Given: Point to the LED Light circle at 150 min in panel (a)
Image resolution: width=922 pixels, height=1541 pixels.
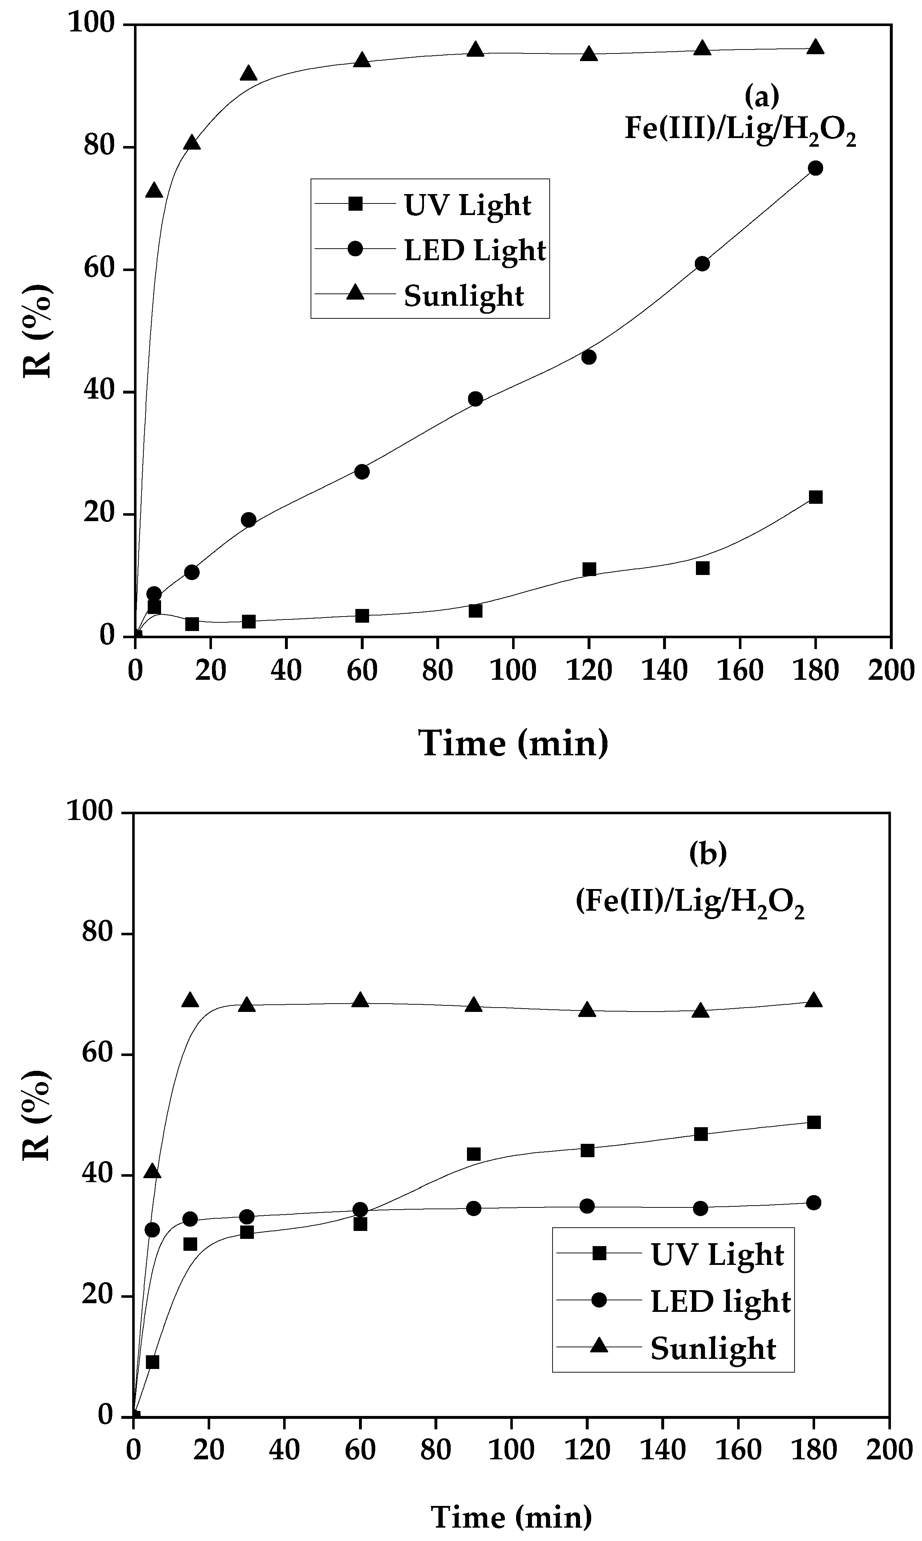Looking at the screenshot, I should (x=702, y=263).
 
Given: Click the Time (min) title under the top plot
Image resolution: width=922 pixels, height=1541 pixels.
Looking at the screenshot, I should (x=513, y=742).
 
